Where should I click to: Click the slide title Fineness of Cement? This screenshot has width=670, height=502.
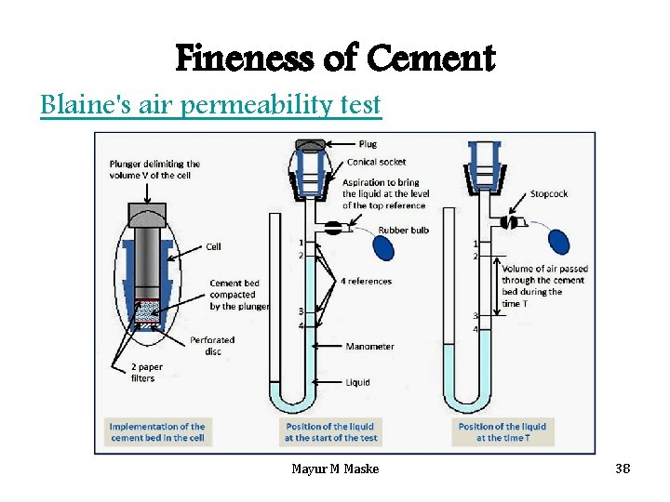335,59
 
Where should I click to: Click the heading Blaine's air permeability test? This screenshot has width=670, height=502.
210,105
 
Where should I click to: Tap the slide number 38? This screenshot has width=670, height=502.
623,469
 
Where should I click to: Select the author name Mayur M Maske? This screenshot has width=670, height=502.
335,469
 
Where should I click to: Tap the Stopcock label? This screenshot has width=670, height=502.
548,194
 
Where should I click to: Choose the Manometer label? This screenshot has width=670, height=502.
369,347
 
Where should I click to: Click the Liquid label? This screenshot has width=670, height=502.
357,382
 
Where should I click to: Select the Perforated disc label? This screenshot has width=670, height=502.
212,346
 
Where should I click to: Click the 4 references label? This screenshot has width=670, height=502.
367,281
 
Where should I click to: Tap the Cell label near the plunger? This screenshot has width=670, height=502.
214,246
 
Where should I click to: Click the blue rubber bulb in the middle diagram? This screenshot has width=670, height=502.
382,246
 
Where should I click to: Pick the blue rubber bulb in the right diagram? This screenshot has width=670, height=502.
558,241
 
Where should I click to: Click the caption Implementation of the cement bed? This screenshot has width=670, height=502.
157,432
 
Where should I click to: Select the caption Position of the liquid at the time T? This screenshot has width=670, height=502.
502,432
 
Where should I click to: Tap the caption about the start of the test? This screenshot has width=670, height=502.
330,432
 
